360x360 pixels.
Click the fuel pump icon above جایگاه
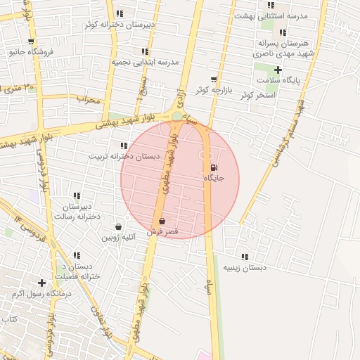(x=214, y=167)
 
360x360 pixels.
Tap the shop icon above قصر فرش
(x=162, y=221)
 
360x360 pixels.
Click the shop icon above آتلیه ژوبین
(x=117, y=227)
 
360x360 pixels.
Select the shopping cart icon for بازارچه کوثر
(x=214, y=79)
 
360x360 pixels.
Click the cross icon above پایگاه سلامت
(x=278, y=70)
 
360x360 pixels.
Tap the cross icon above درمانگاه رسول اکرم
(x=42, y=283)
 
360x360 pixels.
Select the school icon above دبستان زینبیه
(x=245, y=257)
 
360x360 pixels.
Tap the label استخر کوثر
(x=256, y=95)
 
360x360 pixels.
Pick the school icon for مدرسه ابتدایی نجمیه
(x=145, y=51)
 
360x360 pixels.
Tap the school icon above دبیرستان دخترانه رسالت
(x=77, y=195)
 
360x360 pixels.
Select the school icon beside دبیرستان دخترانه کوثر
(x=120, y=13)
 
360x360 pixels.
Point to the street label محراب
(x=89, y=99)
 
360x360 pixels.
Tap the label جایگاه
(x=214, y=179)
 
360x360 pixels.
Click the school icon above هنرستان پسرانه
(x=283, y=32)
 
